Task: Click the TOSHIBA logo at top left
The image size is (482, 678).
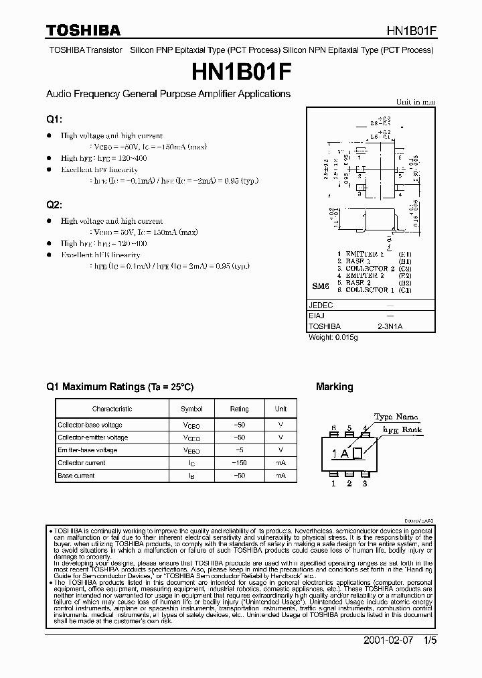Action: (x=83, y=30)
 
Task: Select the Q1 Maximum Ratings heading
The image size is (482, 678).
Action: (x=120, y=387)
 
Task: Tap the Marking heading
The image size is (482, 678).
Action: (x=334, y=387)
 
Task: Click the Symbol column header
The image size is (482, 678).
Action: (x=191, y=409)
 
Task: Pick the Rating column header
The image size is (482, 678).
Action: (x=239, y=409)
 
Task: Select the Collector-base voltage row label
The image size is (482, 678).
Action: (x=90, y=425)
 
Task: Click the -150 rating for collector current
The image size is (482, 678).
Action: (x=239, y=463)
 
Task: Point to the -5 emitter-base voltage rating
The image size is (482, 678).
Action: (x=239, y=450)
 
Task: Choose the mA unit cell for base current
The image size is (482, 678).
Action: (x=280, y=476)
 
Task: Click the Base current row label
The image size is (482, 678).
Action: (x=76, y=476)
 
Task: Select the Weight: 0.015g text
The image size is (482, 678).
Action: (x=333, y=337)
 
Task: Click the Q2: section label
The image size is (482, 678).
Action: (x=54, y=204)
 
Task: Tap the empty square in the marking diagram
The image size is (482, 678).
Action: (x=357, y=454)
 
